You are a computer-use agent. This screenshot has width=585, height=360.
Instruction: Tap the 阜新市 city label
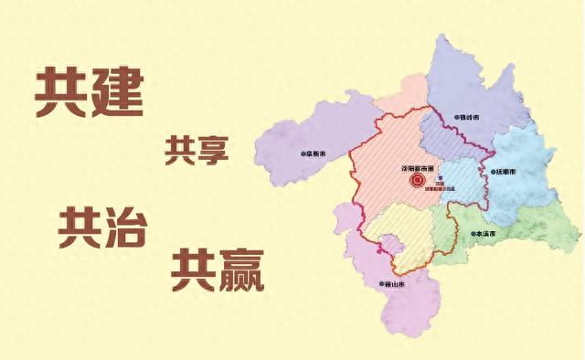click(316, 155)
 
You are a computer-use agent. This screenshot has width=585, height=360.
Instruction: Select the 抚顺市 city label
click(506, 171)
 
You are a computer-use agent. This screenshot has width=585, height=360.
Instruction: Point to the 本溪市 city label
click(484, 234)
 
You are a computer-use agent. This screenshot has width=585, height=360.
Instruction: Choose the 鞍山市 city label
click(394, 284)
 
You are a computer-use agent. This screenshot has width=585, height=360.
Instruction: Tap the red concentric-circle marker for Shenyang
click(416, 182)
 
